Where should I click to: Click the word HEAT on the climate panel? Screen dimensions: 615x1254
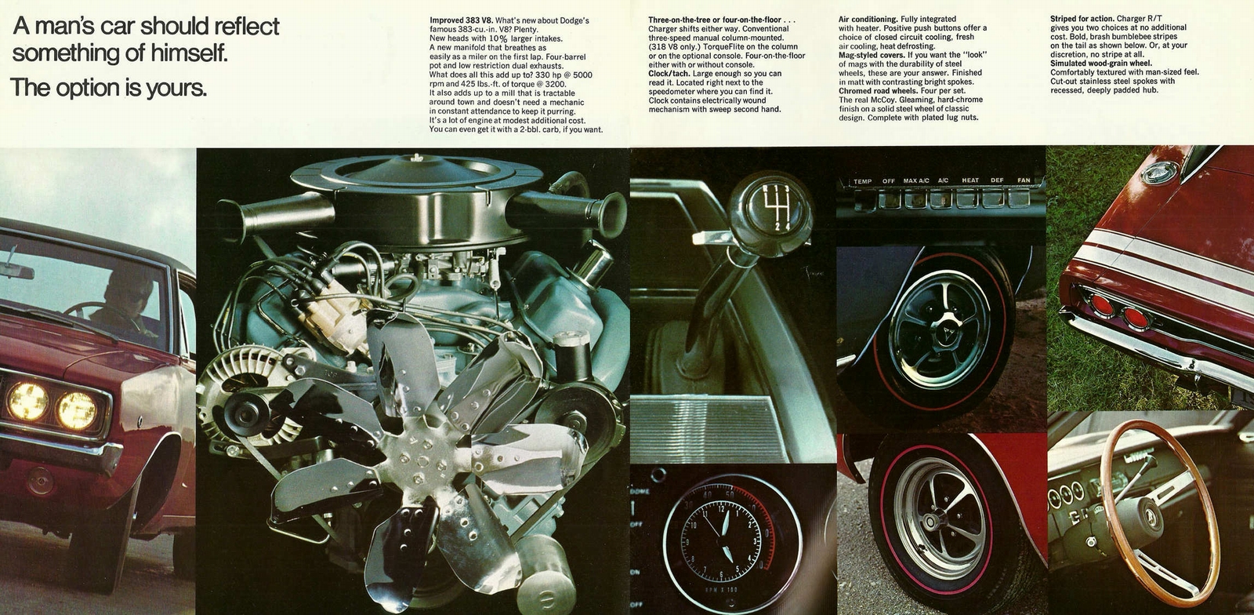[x=970, y=180]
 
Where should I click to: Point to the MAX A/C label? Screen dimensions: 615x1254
[x=915, y=180]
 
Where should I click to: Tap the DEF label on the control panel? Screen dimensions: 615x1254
[x=997, y=180]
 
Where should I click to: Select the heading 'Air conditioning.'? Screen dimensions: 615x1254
[x=868, y=19]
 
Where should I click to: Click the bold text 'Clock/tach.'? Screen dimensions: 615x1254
[x=669, y=74]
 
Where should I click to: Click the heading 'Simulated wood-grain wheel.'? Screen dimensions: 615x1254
[x=1100, y=64]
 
